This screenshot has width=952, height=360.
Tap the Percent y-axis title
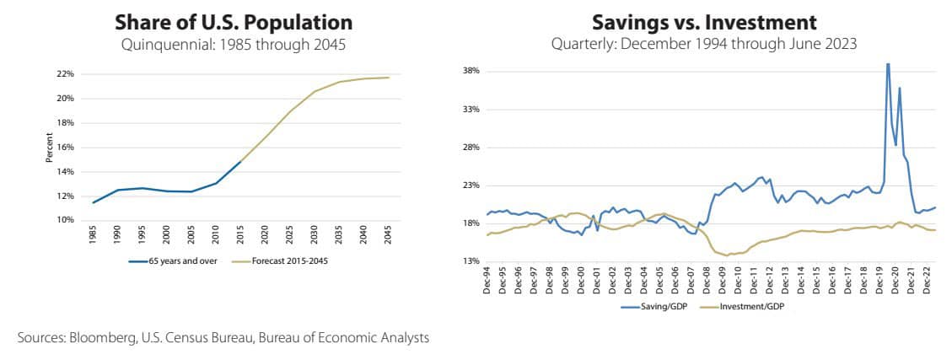click(x=50, y=148)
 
